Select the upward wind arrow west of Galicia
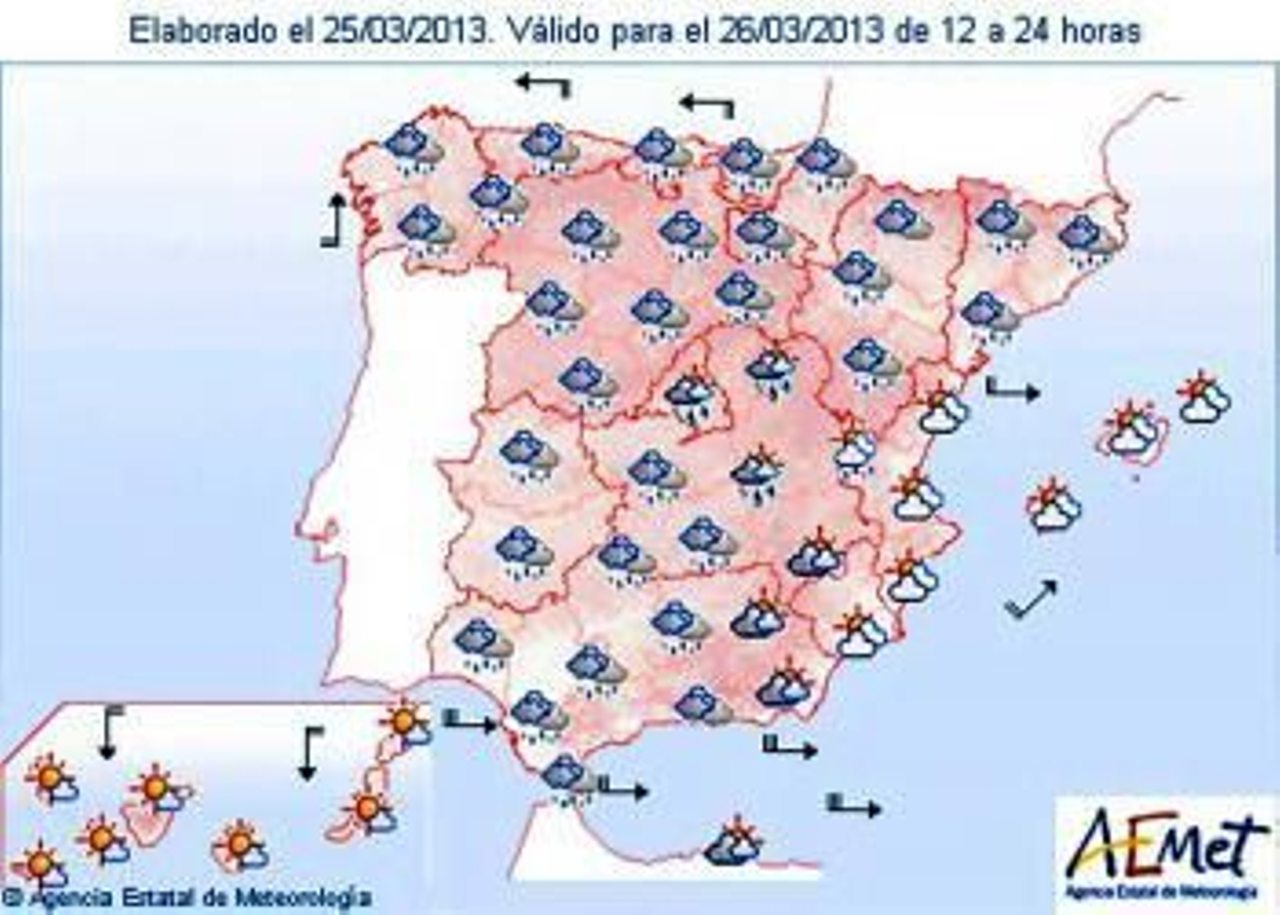coord(334,220)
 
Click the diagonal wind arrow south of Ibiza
coord(1032,598)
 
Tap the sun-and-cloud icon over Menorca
coord(1204,397)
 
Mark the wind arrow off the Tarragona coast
coord(1012,390)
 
